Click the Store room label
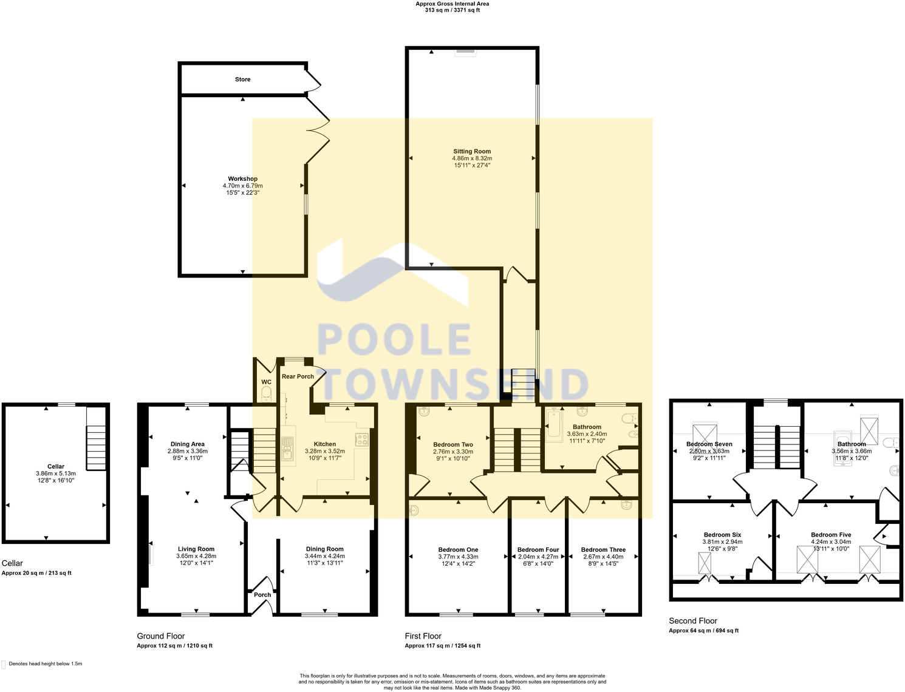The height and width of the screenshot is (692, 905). (242, 80)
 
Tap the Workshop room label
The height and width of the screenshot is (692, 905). (242, 179)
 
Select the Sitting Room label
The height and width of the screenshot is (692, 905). (471, 152)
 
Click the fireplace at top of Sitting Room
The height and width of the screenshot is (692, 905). (466, 53)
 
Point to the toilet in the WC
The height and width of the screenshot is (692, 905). (266, 394)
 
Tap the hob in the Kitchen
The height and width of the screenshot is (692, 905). (361, 439)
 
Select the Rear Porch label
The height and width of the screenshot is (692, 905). (298, 376)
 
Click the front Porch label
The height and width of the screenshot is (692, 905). (262, 595)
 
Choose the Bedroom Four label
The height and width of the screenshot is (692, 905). (538, 550)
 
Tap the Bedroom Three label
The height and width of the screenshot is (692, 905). (603, 550)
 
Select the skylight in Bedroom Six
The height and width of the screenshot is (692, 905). (705, 563)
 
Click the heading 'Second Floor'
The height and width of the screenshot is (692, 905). (693, 621)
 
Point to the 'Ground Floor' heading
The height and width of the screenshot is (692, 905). (160, 636)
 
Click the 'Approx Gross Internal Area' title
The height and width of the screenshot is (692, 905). (452, 4)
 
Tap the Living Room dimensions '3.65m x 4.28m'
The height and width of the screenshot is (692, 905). (196, 556)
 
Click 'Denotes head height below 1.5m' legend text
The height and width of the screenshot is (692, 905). (45, 664)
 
